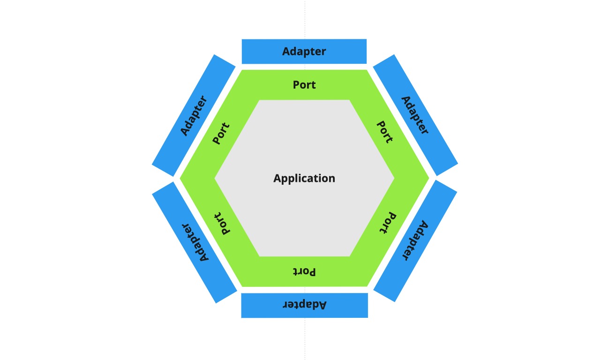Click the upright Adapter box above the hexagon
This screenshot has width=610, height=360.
(304, 51)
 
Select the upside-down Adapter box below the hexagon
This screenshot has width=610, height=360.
(304, 305)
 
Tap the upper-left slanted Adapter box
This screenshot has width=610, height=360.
(194, 115)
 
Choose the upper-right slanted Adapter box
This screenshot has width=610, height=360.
(415, 115)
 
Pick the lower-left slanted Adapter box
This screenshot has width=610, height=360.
(195, 242)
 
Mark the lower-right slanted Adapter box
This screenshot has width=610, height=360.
(415, 241)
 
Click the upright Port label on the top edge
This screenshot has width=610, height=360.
(304, 85)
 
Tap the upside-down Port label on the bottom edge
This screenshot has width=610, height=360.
(304, 272)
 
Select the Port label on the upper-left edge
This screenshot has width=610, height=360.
(221, 133)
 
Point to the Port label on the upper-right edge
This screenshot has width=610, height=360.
(385, 132)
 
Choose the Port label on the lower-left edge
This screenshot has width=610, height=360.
(222, 224)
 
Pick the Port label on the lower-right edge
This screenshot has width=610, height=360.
(387, 223)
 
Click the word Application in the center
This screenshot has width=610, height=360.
(304, 178)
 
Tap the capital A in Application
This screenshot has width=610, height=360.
(277, 178)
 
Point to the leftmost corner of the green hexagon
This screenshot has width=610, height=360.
(181, 178)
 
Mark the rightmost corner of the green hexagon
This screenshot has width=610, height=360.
(428, 178)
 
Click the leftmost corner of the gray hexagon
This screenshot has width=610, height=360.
(216, 178)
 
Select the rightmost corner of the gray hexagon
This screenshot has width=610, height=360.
(393, 178)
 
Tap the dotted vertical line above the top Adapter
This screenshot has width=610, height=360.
(305, 19)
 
